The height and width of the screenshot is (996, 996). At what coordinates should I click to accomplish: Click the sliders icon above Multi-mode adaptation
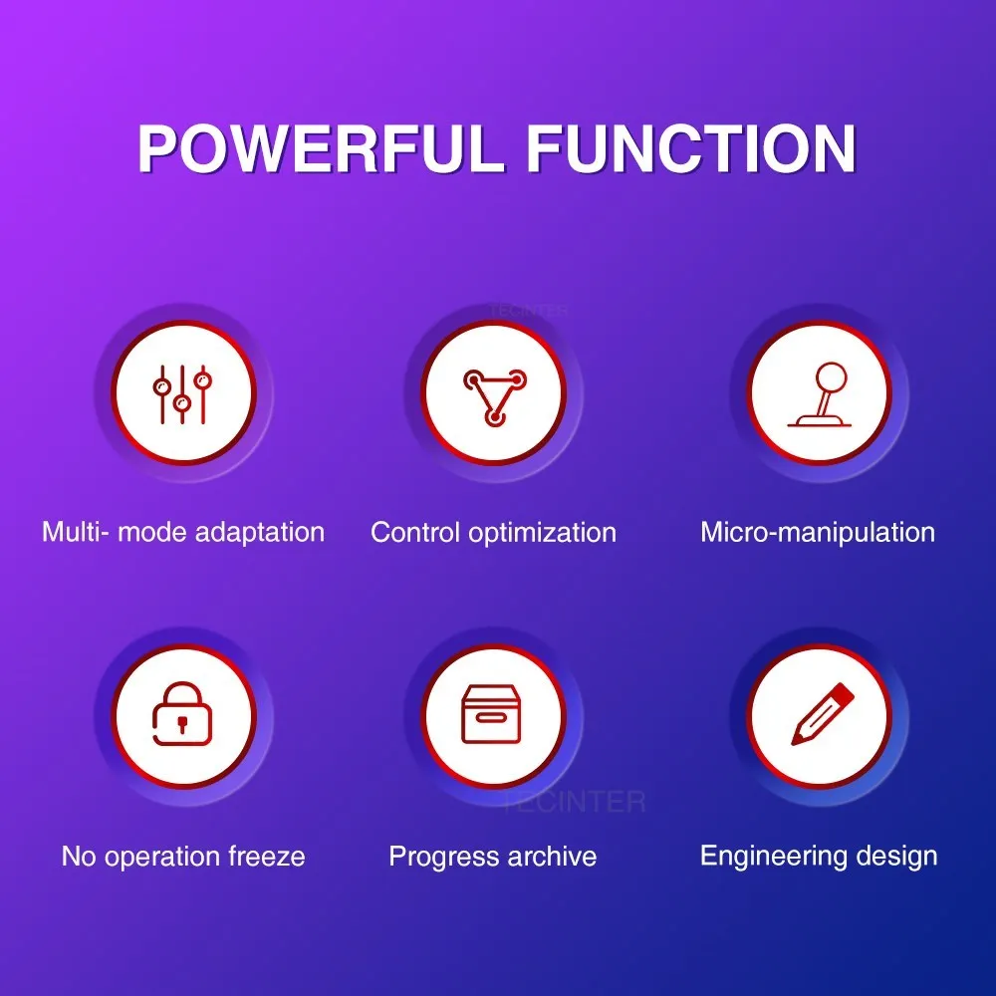[x=182, y=394]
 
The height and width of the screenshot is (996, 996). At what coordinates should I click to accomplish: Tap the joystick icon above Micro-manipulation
[x=820, y=394]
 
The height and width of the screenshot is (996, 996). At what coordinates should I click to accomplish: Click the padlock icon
[x=182, y=713]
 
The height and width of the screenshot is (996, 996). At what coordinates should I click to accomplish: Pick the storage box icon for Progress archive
[x=492, y=713]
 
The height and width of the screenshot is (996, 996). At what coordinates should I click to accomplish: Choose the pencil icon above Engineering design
[x=823, y=713]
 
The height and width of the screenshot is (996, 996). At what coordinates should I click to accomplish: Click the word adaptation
[x=260, y=532]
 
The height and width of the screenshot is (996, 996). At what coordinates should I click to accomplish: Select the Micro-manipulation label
[x=818, y=532]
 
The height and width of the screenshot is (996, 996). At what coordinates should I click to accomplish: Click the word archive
[x=552, y=857]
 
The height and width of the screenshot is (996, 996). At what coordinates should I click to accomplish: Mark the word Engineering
[x=774, y=857]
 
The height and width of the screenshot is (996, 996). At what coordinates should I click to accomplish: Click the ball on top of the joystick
[x=831, y=376]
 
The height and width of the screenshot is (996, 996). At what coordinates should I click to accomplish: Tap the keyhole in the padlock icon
[x=182, y=723]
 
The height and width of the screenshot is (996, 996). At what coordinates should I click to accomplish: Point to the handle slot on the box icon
[x=492, y=718]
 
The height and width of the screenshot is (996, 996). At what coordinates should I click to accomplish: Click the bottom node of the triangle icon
[x=494, y=417]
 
